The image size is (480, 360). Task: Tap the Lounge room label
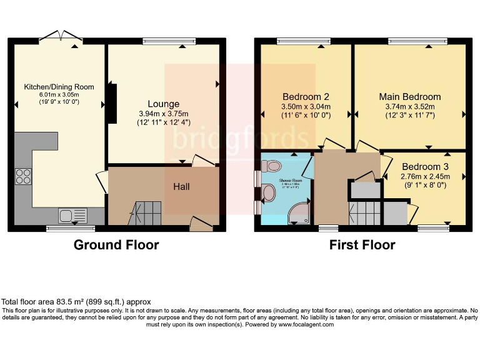click(x=163, y=104)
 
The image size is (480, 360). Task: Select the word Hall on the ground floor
click(x=181, y=186)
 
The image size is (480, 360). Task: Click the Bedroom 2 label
click(x=306, y=97)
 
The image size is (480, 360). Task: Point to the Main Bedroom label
click(x=409, y=97)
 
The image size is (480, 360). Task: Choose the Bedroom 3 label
click(x=425, y=167)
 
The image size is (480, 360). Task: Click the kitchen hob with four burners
click(x=24, y=176)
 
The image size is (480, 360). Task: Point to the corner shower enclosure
click(x=299, y=212)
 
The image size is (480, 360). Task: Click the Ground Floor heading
click(x=116, y=245)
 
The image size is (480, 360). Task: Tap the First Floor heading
click(x=362, y=245)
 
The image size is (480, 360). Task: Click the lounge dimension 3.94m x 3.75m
click(x=163, y=114)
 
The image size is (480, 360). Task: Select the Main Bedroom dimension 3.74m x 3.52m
click(x=409, y=107)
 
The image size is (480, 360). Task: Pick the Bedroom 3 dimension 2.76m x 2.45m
click(x=425, y=177)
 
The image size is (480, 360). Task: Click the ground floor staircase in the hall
click(x=145, y=212)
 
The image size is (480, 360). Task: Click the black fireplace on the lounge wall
click(x=112, y=103)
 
